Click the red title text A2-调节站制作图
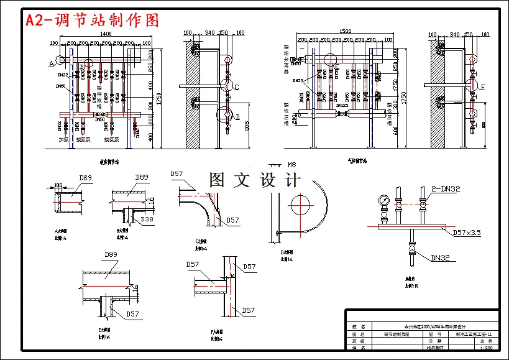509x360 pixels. click(x=93, y=20)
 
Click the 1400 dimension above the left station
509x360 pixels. click(x=106, y=34)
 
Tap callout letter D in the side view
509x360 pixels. click(x=237, y=116)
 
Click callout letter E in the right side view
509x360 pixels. click(x=483, y=87)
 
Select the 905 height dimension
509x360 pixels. click(x=247, y=127)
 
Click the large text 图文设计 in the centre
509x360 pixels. click(x=255, y=180)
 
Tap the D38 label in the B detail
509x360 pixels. click(x=147, y=219)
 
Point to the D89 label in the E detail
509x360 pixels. click(x=111, y=254)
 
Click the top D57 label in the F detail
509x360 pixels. click(x=249, y=267)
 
